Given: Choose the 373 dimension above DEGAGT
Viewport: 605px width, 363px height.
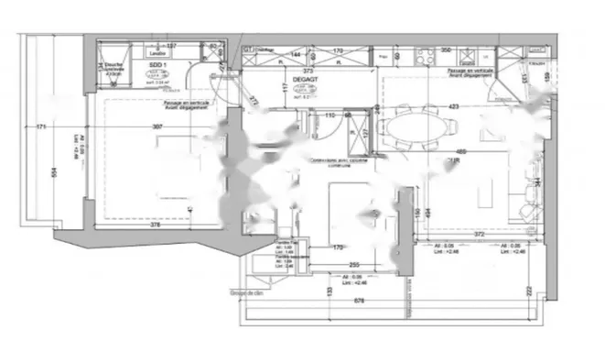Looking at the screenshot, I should pos(309,71).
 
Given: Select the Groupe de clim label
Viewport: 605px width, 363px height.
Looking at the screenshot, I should pos(249,294).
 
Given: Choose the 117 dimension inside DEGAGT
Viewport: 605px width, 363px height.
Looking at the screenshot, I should pos(286,89).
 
